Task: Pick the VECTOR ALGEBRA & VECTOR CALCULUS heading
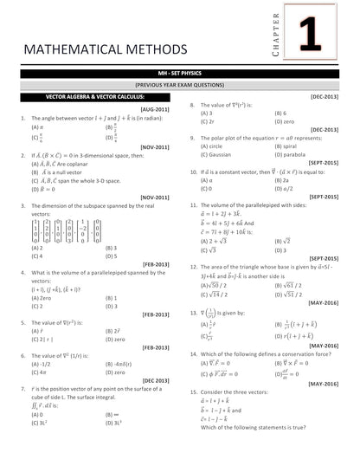(x=89, y=96)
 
